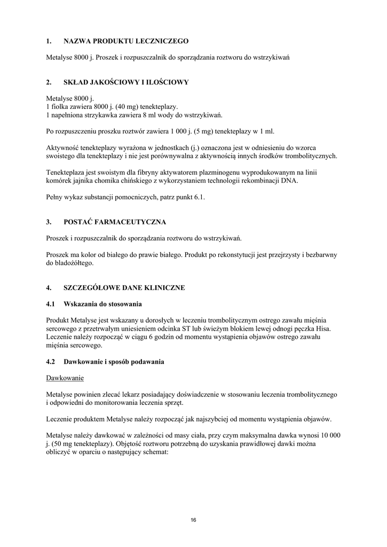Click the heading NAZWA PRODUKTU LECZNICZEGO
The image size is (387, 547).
[x=126, y=41]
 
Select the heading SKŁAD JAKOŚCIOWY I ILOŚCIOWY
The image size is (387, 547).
[x=126, y=82]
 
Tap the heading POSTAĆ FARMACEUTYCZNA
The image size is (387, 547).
[x=115, y=222]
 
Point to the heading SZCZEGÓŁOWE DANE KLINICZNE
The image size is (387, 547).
[x=124, y=288]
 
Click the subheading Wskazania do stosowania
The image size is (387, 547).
[x=102, y=304]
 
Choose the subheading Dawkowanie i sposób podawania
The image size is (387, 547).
[x=114, y=362]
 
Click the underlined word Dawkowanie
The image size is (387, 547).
[x=65, y=378]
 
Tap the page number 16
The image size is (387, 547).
[x=193, y=520]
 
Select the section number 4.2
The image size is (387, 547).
[x=51, y=362]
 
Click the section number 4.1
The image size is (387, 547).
[x=51, y=304]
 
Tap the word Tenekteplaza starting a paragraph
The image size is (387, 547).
[x=66, y=173]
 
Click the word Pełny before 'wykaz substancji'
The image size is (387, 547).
[x=55, y=197]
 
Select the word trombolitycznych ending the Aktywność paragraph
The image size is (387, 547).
[x=306, y=156]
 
